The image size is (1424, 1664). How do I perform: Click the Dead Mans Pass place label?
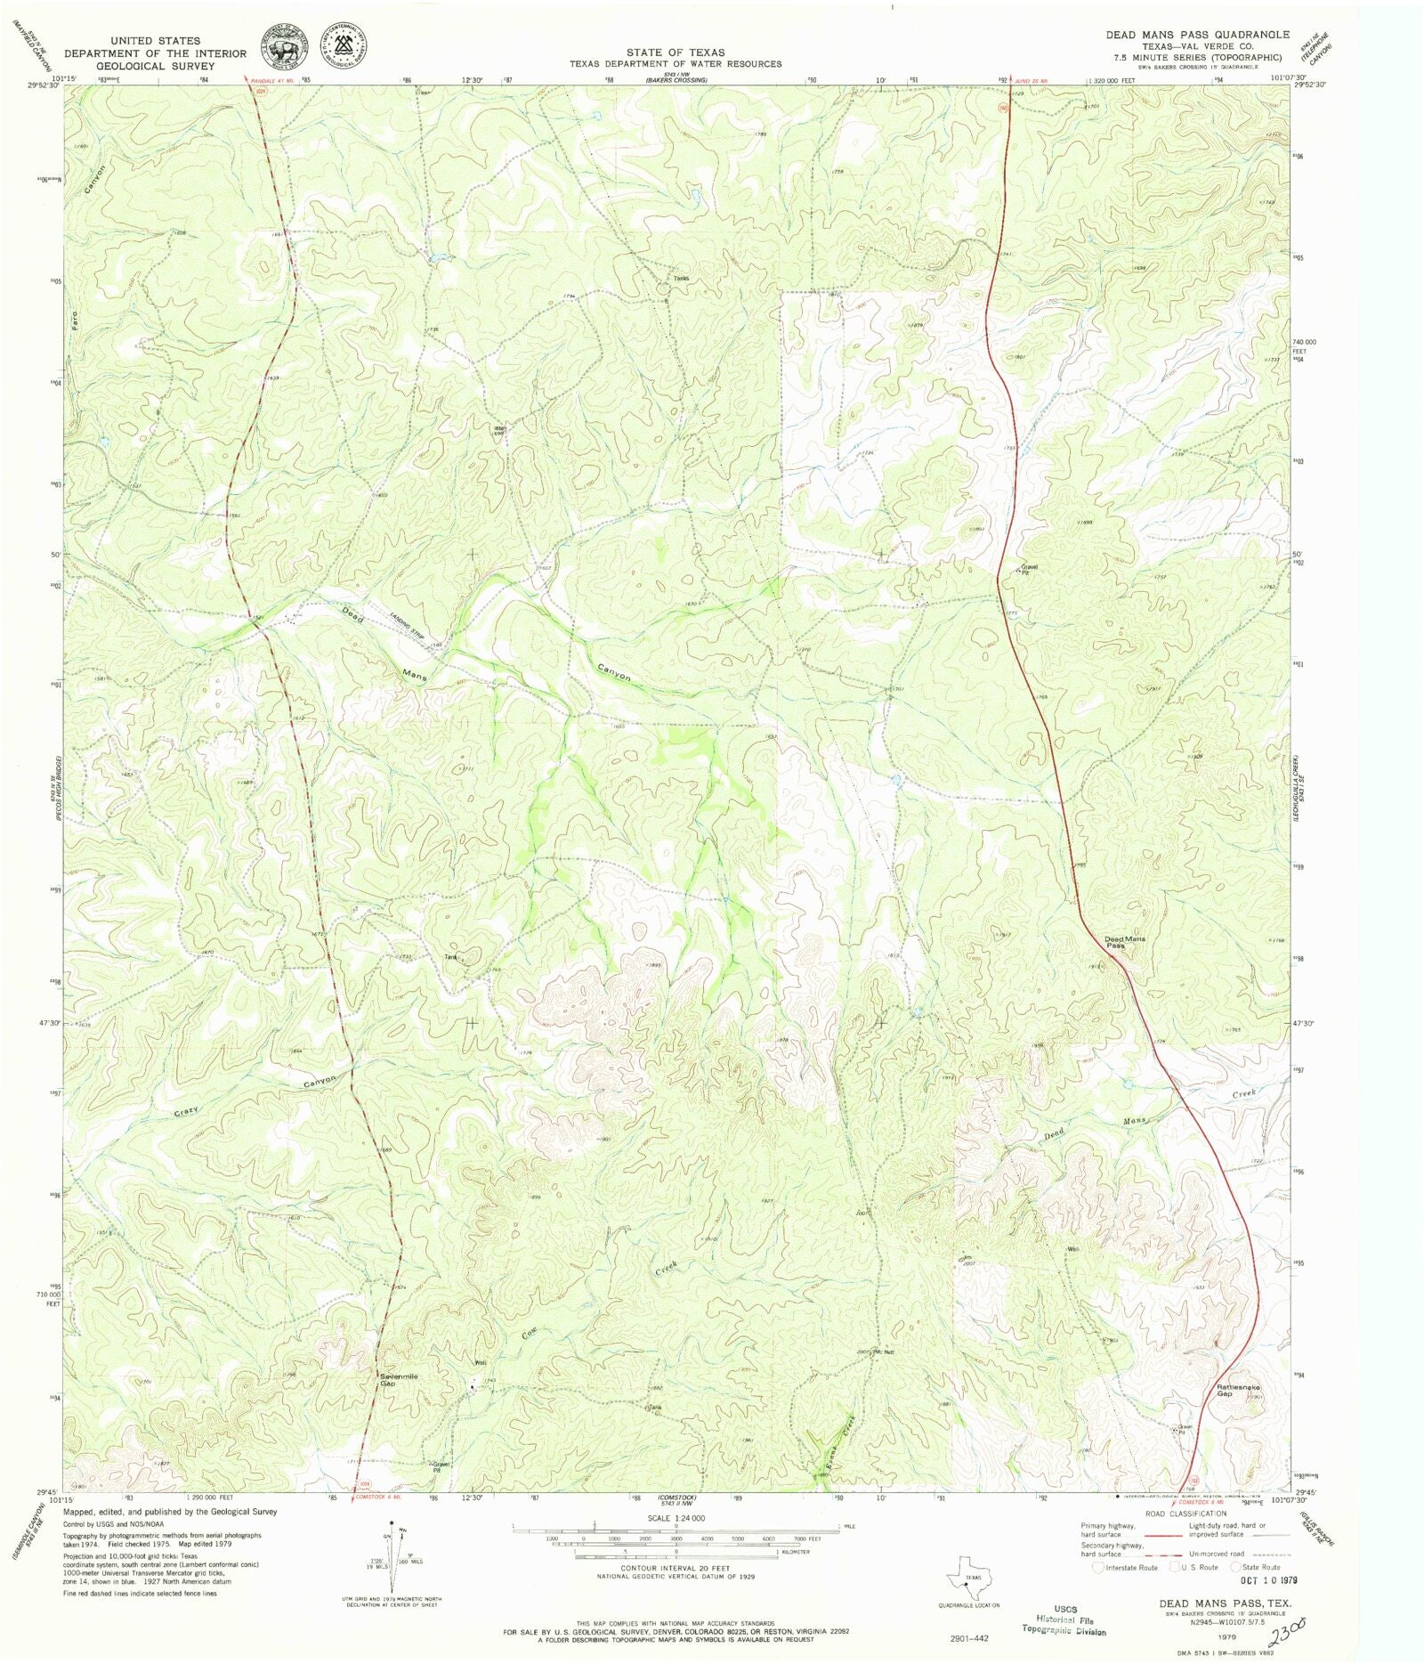1124,942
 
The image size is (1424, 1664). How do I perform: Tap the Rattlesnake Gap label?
1238,1390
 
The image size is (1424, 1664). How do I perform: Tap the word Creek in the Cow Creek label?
667,1270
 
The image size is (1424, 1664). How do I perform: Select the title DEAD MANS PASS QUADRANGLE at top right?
1197,35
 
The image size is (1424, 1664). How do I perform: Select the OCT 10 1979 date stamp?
1268,1579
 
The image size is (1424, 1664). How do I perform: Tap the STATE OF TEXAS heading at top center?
675,53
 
